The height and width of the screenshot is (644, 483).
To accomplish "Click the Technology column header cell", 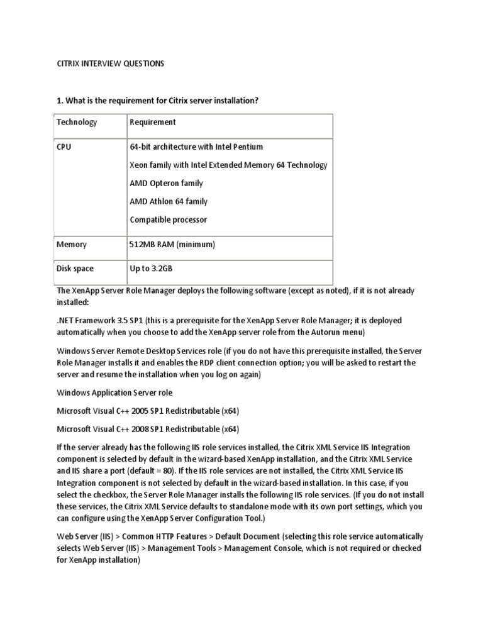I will coord(77,122).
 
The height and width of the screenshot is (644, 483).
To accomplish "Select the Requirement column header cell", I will coord(153,122).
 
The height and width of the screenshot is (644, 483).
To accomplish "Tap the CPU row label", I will coord(64,147).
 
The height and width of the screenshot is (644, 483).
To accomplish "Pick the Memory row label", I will coord(72,244).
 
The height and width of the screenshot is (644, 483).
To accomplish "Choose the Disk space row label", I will coord(75,269).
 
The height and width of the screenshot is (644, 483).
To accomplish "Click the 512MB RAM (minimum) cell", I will coord(172,244).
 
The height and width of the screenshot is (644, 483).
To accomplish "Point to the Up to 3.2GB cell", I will coord(151,269).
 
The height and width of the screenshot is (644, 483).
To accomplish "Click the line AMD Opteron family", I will coord(166,183).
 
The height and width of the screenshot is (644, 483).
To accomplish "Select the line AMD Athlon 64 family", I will coord(169,201).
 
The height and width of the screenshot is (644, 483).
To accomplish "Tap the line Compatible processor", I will coord(168,219).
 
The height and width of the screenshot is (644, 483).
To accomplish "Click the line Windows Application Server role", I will coord(123,392).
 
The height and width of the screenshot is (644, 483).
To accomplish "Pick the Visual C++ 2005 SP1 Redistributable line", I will coord(148,411).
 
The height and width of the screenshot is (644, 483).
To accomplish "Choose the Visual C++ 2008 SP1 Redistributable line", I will coord(148,429).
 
